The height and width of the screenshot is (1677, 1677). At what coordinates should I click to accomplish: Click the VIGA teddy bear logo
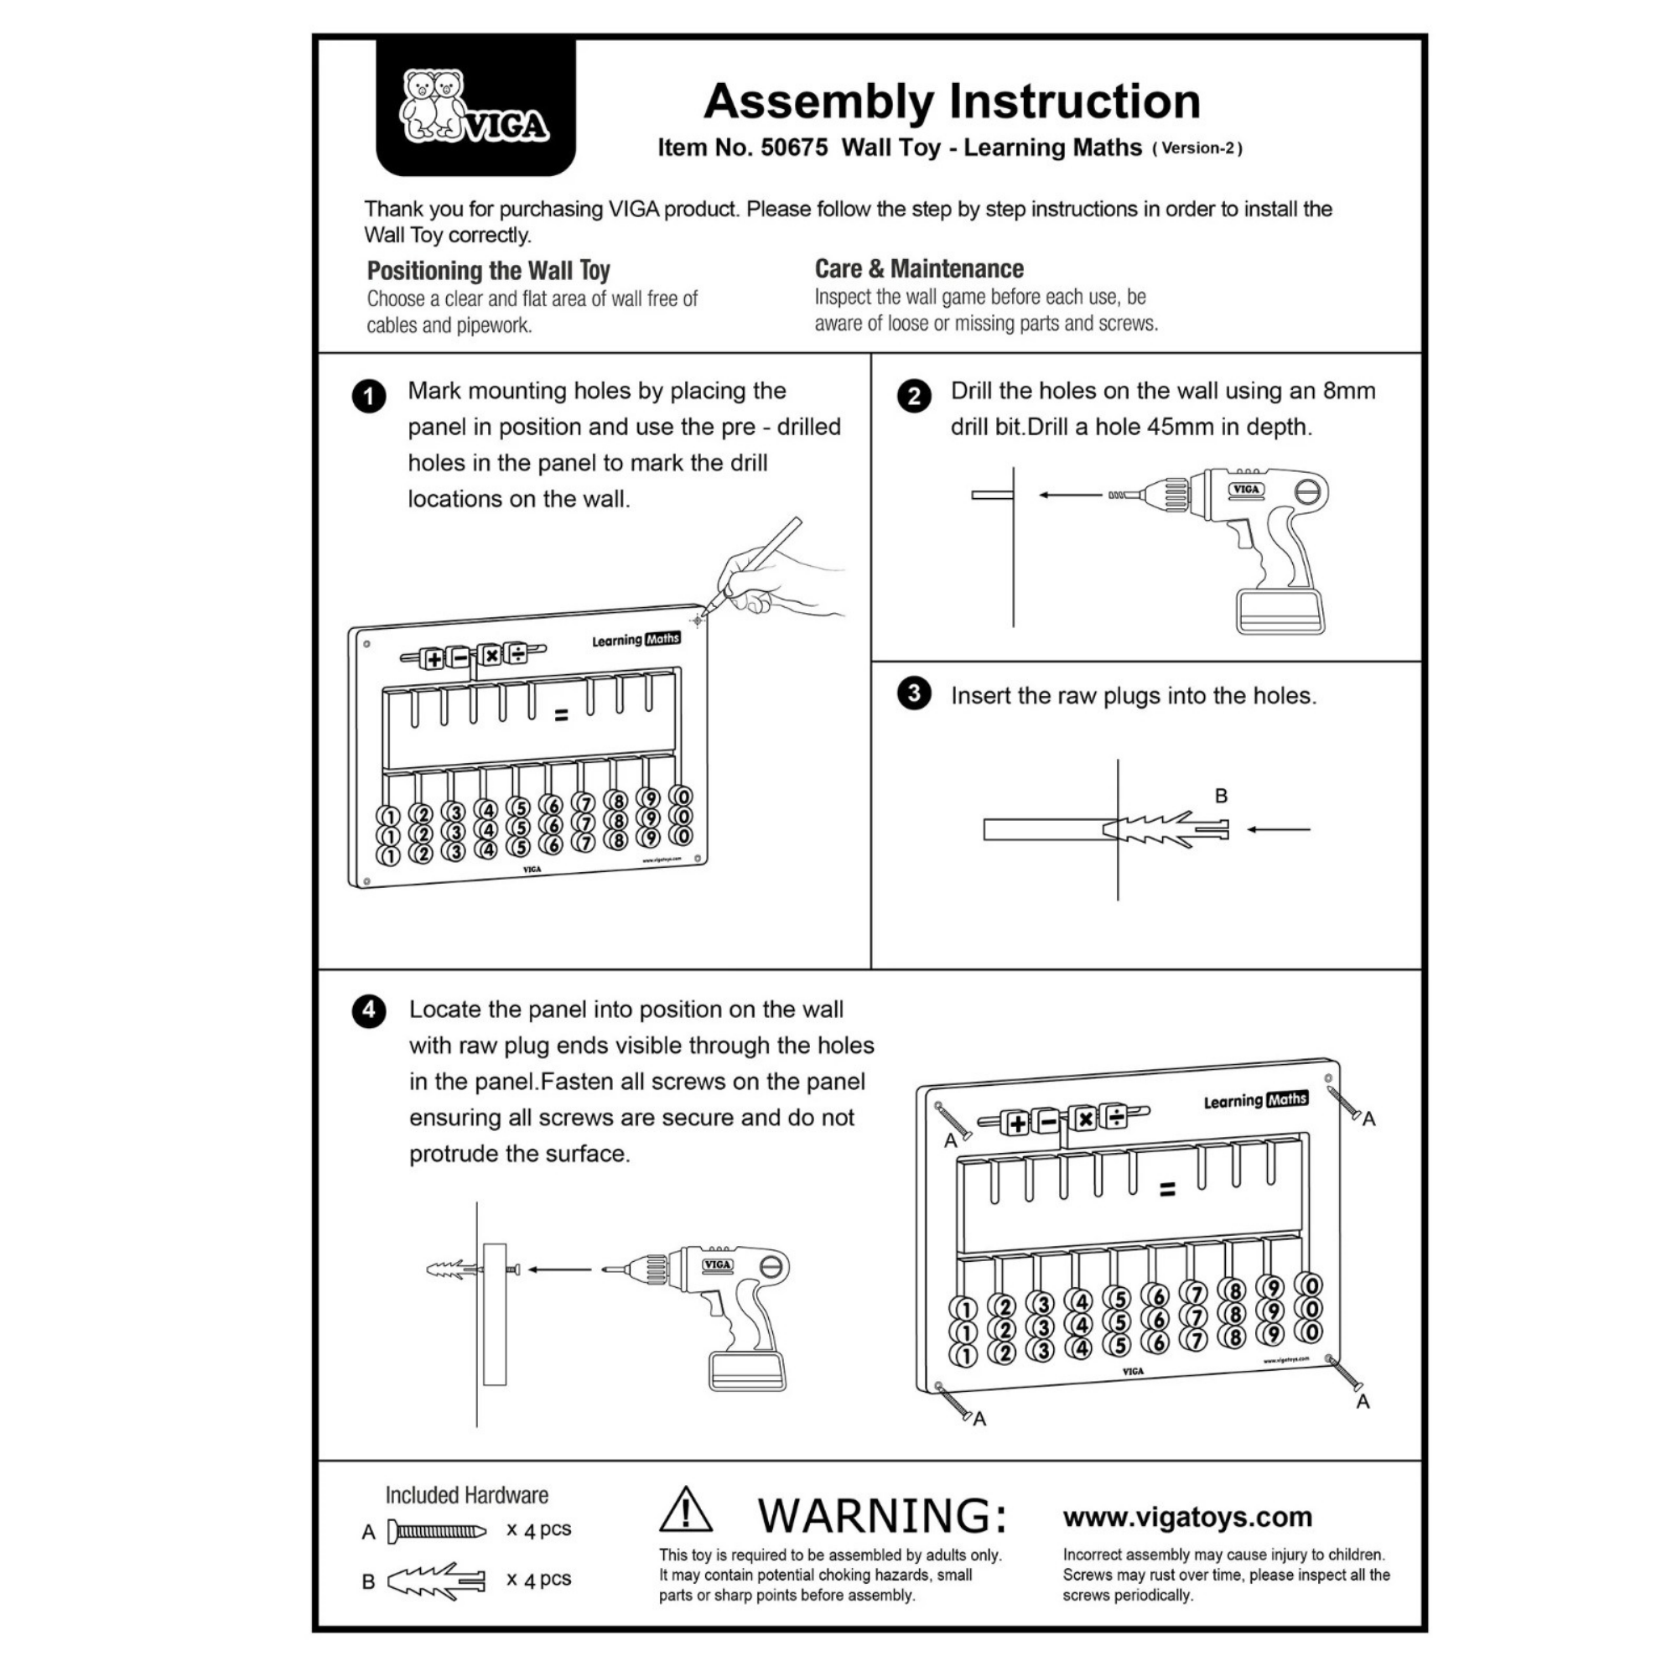pos(474,107)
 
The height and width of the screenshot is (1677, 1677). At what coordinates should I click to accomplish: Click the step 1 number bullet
pos(369,397)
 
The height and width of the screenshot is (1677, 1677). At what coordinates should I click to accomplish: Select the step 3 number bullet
pos(913,693)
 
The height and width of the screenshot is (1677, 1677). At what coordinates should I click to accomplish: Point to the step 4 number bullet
pos(369,1011)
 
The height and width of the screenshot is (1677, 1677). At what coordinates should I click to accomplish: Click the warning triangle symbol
pos(686,1510)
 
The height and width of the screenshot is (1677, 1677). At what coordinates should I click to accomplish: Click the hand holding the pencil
pos(764,573)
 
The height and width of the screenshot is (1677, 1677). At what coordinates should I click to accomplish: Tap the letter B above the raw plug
pos(1220,795)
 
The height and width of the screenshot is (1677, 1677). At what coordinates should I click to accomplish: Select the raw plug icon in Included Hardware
pos(437,1581)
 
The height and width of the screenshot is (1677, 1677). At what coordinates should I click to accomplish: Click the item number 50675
pos(793,148)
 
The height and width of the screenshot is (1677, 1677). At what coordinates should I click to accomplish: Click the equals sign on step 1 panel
pos(562,716)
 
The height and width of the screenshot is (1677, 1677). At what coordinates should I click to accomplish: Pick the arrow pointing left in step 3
pos(1278,829)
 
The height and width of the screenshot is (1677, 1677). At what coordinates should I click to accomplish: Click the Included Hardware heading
pos(467,1495)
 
